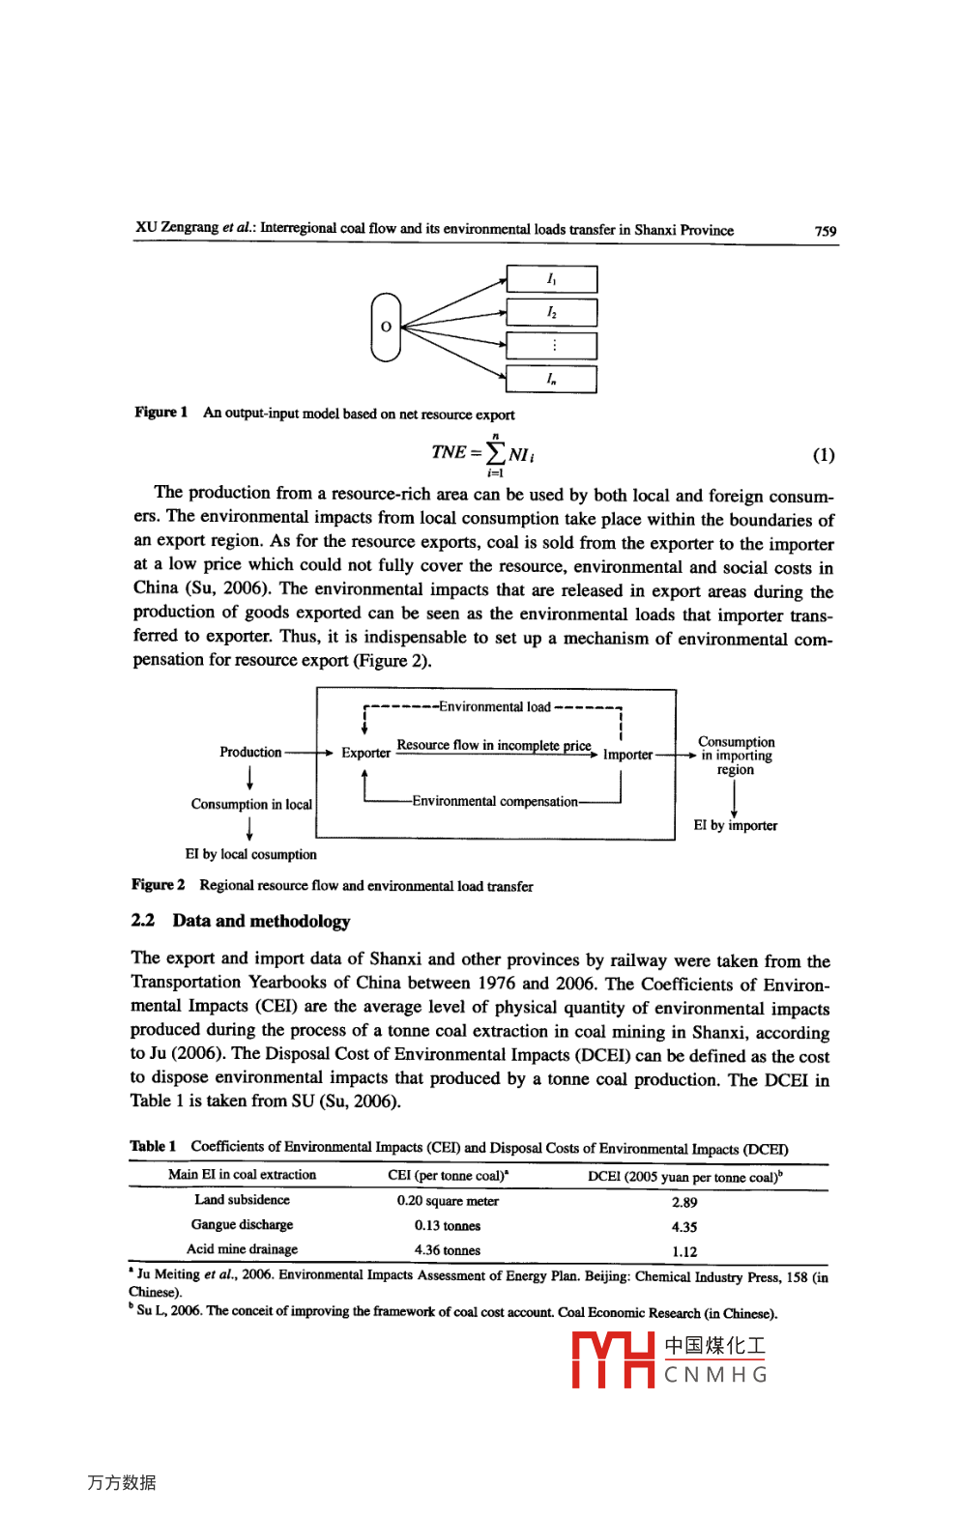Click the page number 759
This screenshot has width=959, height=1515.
tap(825, 231)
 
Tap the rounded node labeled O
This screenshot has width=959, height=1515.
tap(386, 327)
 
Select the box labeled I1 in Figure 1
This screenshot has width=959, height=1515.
tap(551, 279)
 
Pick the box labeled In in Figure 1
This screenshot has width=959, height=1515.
tap(551, 379)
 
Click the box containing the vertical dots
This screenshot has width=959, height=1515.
tap(551, 346)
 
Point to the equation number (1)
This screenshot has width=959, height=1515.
tap(823, 455)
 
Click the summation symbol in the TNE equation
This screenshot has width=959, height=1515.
tap(495, 453)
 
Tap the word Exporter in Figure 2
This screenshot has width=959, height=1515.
tap(365, 753)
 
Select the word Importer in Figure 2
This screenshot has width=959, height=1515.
tap(627, 755)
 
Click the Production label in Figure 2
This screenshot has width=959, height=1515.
tap(250, 752)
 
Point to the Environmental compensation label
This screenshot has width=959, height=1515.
tap(494, 801)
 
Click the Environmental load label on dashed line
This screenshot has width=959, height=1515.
tap(494, 707)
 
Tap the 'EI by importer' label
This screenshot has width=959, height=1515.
tap(735, 825)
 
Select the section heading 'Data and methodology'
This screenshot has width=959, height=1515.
tap(261, 921)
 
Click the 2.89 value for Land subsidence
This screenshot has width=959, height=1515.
tap(684, 1202)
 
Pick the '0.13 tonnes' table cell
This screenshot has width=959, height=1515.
tap(448, 1225)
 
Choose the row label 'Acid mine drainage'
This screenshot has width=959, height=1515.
tap(242, 1249)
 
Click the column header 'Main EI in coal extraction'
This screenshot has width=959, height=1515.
tap(242, 1175)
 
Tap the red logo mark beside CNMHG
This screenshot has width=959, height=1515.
tap(613, 1359)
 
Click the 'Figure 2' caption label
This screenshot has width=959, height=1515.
tap(159, 885)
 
